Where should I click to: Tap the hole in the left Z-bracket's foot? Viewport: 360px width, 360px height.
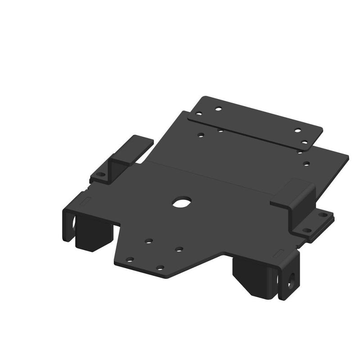pos(100,174)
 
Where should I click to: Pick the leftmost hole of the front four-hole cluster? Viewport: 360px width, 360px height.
pos(130,259)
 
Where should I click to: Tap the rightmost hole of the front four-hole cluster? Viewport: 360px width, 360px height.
pos(179,248)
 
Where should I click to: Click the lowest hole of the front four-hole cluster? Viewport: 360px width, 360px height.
pos(159,267)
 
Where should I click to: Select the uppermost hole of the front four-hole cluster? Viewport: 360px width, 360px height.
pos(148,241)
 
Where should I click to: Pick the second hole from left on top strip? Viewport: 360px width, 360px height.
pos(218,108)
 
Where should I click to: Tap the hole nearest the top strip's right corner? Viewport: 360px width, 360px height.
pos(305,143)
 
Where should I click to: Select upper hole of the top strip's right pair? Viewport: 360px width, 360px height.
pos(297,130)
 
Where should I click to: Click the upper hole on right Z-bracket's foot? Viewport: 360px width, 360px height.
pos(322,215)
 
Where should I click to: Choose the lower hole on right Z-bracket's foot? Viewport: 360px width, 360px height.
pos(307,230)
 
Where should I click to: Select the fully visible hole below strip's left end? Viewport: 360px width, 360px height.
pos(201,134)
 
